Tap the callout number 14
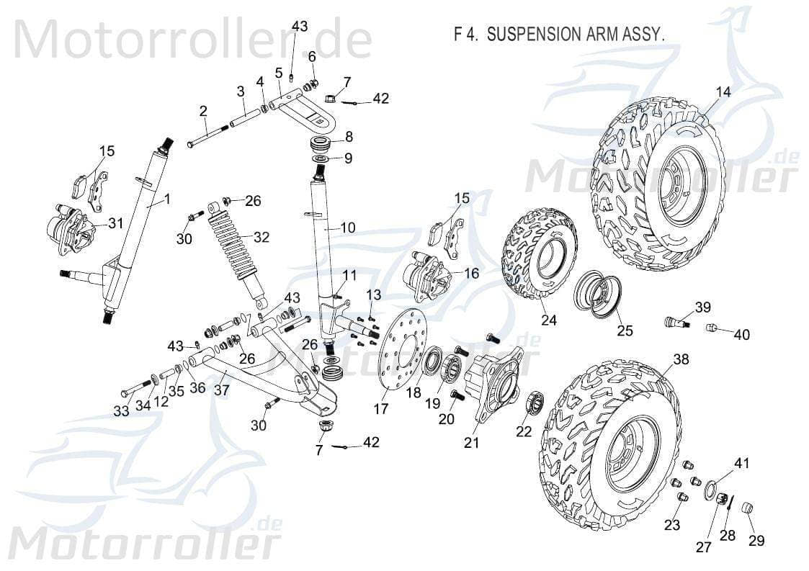pos(723,91)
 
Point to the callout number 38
pos(681,359)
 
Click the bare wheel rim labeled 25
pos(596,295)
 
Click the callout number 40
pos(741,334)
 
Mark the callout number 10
pos(347,228)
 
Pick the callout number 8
pos(348,136)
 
